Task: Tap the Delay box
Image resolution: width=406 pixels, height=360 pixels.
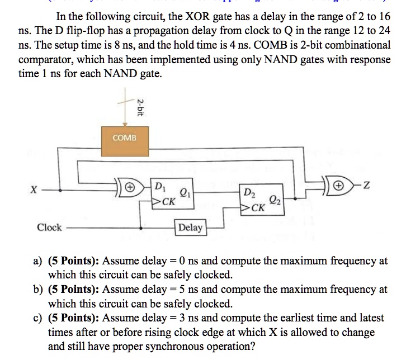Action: coord(191,228)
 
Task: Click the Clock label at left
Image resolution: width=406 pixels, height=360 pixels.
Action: coord(49,228)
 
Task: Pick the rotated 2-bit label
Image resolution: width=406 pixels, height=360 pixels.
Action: coord(140,106)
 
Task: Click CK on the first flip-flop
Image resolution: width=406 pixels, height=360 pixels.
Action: coord(166,202)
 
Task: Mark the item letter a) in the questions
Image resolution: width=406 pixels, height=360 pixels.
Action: coord(38,260)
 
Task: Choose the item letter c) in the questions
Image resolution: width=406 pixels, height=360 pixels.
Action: coord(38,318)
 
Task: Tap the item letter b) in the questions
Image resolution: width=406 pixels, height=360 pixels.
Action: coord(38,290)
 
